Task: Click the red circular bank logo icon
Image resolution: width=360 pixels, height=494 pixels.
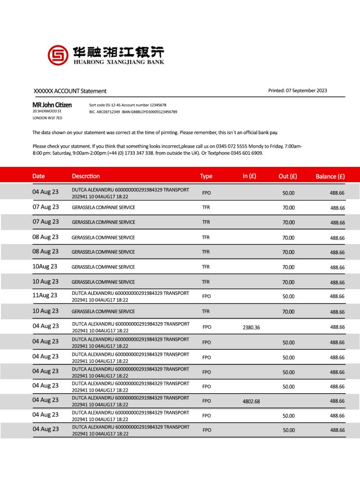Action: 58,55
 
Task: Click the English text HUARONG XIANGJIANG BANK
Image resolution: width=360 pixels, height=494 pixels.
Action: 119,62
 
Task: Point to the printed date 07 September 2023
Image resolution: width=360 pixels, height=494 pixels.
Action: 306,90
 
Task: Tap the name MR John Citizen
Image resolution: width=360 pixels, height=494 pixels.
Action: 52,105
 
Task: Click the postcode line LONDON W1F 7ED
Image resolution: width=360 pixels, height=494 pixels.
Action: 47,118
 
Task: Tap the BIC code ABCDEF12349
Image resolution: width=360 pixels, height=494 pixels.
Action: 109,112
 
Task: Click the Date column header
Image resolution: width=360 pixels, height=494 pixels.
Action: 39,176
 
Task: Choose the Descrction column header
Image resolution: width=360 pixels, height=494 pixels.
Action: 86,176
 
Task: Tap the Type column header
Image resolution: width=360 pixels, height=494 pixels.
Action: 206,176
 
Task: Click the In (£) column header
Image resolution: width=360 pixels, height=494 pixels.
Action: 249,176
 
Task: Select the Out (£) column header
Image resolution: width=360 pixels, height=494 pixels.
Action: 288,176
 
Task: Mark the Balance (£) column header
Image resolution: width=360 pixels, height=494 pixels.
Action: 330,176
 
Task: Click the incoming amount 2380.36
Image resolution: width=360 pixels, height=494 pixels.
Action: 251,327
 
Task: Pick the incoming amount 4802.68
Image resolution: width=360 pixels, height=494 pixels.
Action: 251,401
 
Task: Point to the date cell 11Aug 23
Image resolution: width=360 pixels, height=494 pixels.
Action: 45,295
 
